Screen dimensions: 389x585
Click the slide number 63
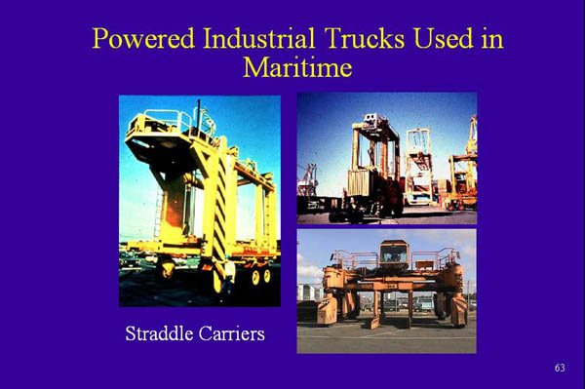tap(559, 368)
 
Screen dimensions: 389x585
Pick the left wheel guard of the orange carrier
tap(328, 308)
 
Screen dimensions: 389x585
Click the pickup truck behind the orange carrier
tap(422, 302)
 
